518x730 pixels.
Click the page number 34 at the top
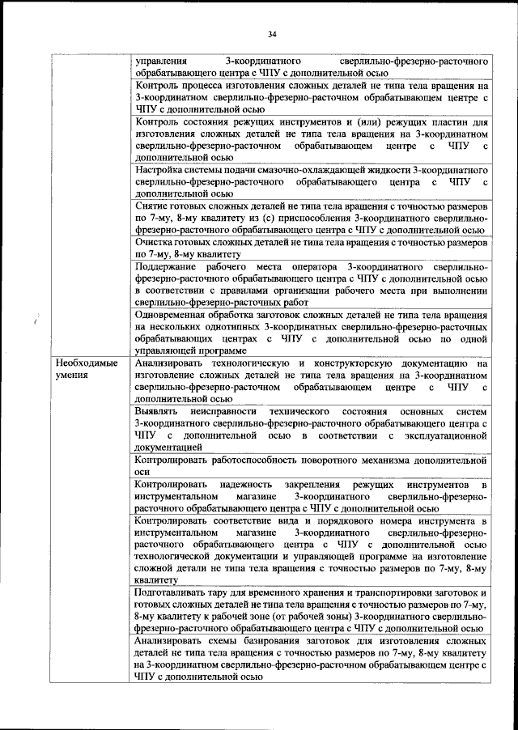pyautogui.click(x=272, y=34)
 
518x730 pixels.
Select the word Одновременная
pyautogui.click(x=176, y=315)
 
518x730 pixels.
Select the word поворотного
pyautogui.click(x=322, y=460)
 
